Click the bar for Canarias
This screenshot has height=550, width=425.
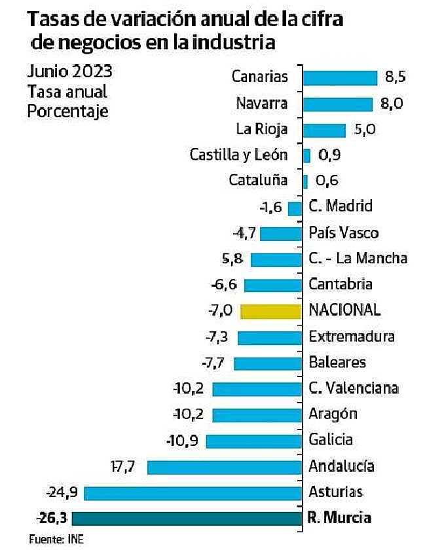(x=340, y=77)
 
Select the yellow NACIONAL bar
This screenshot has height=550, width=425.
(x=271, y=311)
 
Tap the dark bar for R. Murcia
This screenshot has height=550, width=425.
(x=187, y=519)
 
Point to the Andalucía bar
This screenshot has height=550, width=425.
(x=225, y=467)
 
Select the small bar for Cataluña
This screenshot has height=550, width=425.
(x=305, y=181)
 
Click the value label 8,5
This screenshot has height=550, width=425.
(x=396, y=77)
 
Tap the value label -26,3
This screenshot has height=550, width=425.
(x=53, y=519)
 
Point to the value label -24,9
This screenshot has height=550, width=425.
(x=63, y=493)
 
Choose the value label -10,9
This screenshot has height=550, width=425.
(x=186, y=441)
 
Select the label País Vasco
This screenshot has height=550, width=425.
(x=343, y=233)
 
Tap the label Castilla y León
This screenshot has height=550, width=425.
(x=238, y=155)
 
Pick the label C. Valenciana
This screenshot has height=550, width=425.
(x=354, y=389)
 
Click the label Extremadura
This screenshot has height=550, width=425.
(x=352, y=337)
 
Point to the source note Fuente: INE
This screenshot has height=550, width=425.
(x=56, y=540)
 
